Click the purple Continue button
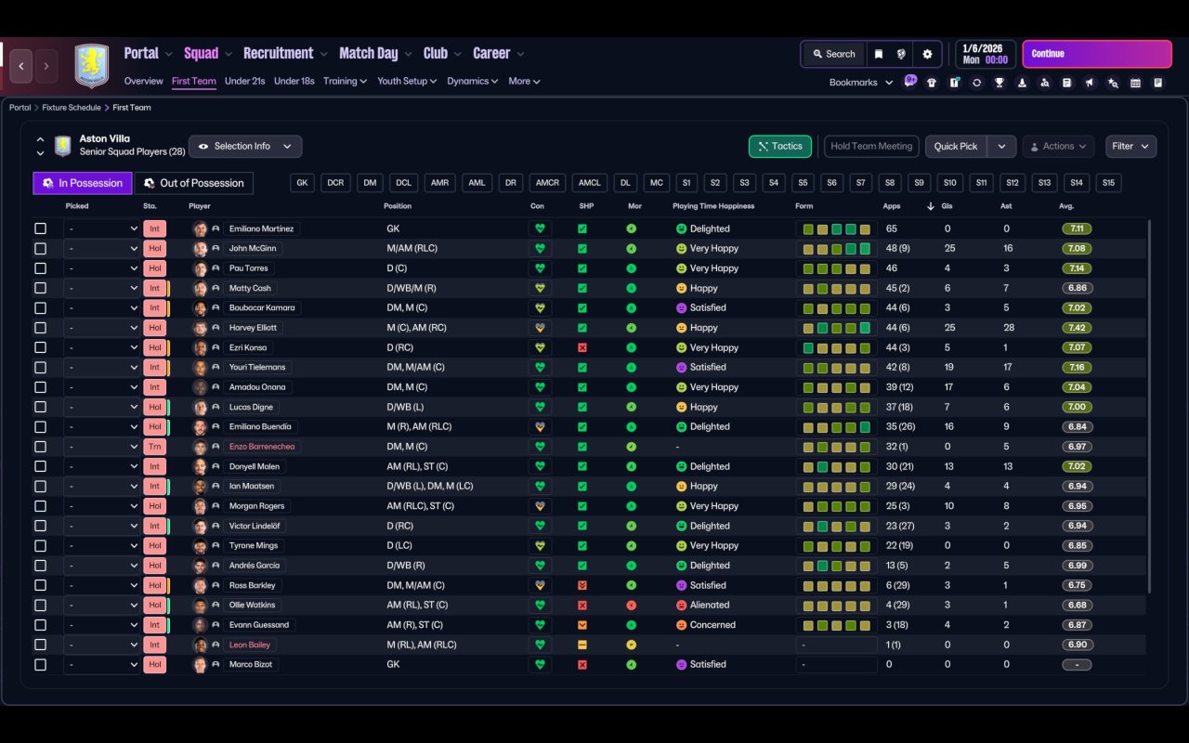1096,54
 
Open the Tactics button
779,147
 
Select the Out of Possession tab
194,183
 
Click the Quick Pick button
955,147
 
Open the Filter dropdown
1130,147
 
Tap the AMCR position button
547,183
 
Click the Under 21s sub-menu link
244,81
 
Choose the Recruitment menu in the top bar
278,53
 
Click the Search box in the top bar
833,54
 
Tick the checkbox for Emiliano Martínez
40,228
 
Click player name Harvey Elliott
253,328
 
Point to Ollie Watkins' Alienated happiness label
710,606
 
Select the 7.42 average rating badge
1077,328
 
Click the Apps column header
892,206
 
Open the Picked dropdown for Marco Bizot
102,665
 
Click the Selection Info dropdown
245,147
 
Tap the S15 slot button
1108,183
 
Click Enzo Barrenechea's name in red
263,447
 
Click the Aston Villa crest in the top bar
91,66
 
